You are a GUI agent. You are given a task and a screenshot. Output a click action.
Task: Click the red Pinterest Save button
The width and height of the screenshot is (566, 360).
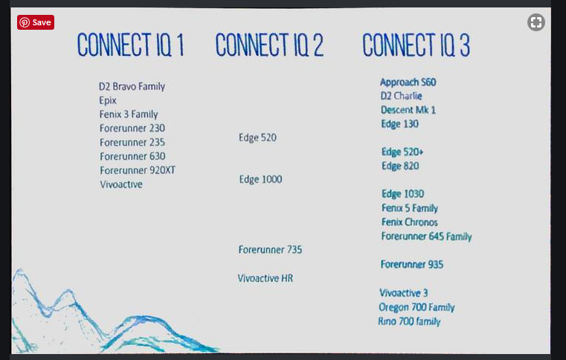coord(35,22)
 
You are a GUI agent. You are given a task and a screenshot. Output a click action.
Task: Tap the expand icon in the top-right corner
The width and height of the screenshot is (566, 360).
coord(536,22)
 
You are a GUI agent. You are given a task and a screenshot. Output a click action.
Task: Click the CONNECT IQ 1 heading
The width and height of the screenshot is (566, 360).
coord(130,46)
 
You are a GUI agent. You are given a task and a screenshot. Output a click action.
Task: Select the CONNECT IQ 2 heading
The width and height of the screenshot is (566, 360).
coord(269,46)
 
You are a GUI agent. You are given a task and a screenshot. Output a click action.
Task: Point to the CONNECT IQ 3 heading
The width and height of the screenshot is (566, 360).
coord(416,46)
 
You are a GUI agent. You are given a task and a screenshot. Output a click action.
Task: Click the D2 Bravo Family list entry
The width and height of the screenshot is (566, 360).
coord(132,86)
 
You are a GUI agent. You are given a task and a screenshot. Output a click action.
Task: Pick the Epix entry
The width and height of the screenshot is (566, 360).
coord(108,100)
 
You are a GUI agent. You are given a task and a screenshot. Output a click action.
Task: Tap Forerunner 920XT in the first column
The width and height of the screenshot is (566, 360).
coord(137,170)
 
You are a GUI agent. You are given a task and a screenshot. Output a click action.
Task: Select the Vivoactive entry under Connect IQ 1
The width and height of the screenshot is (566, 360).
coord(120,184)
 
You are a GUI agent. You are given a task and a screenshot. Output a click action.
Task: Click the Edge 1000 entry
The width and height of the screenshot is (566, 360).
coord(260,179)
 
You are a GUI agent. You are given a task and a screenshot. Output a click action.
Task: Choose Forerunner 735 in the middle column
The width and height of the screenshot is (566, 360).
coord(270,250)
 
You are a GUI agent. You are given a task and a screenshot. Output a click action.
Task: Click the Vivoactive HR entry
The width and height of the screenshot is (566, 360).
coord(265,278)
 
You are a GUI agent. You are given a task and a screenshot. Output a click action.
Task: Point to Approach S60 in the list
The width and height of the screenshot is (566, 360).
coord(408,82)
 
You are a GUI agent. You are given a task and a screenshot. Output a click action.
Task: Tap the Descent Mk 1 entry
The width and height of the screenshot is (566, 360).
coord(408,110)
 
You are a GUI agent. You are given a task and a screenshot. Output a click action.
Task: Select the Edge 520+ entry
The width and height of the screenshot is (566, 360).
coord(402,152)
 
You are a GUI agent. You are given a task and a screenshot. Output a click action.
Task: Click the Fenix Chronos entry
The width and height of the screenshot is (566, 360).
coord(409,222)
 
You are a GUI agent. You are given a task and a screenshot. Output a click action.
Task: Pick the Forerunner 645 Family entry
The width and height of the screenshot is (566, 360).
coord(426,237)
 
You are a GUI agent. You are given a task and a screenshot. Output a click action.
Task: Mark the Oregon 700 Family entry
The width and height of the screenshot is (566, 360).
coord(417,307)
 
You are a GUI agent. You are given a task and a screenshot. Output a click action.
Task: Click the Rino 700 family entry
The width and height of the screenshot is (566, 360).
coord(409,321)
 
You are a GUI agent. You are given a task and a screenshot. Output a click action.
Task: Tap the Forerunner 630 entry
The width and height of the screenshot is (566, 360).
coord(132,156)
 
